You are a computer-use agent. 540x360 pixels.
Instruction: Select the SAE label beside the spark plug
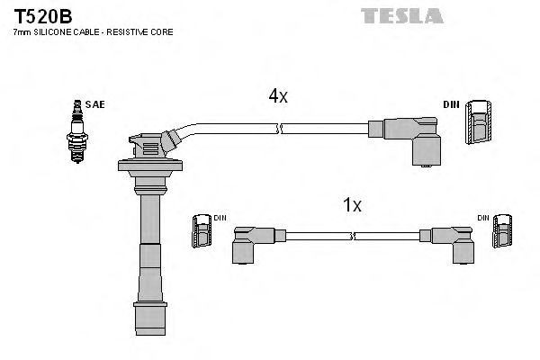(x=95, y=104)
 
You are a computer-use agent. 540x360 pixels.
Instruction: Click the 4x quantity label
(x=277, y=96)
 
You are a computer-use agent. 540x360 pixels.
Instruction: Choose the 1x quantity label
(x=352, y=205)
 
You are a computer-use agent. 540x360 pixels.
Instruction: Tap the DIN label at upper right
(x=451, y=104)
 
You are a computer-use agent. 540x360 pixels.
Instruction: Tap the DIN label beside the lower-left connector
(x=220, y=218)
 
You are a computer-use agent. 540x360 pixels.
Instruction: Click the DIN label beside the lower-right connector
(x=483, y=218)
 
